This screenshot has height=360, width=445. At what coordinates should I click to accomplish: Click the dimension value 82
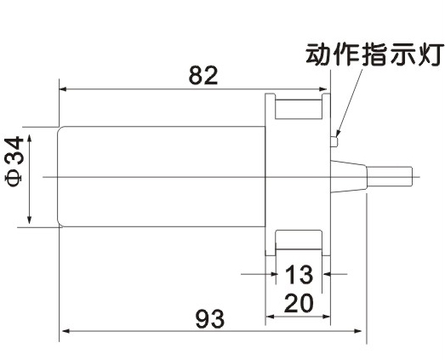(203, 76)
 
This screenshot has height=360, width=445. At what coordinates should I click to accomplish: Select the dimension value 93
(210, 319)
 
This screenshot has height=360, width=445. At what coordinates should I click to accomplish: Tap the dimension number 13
(299, 275)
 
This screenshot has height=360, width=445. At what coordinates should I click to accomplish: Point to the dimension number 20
(299, 303)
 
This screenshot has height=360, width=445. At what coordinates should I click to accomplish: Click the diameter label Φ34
(14, 161)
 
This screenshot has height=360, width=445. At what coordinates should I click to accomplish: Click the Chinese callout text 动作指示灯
(375, 54)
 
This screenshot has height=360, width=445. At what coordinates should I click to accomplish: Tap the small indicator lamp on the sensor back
(334, 141)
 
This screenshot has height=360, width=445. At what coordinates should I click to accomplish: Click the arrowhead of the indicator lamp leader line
(338, 134)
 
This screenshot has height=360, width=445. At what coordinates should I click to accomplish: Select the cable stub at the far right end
(390, 176)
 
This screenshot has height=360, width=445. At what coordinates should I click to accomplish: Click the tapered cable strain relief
(349, 176)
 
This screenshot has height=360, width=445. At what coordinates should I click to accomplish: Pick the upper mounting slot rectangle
(299, 109)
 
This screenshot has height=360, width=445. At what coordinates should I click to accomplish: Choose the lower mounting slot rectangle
(299, 240)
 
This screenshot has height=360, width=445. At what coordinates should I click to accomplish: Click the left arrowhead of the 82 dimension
(62, 89)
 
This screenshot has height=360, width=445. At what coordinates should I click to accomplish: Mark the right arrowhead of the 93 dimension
(358, 331)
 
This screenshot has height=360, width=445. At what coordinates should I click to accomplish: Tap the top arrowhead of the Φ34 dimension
(29, 139)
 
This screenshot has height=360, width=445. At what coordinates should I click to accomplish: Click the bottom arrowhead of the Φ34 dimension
(29, 220)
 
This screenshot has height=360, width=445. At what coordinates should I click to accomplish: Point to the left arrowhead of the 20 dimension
(269, 317)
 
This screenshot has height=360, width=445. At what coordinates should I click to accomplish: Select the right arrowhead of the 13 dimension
(327, 274)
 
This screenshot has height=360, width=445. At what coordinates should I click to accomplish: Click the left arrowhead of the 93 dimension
(66, 331)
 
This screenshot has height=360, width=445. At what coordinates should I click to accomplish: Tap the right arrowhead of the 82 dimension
(323, 89)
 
